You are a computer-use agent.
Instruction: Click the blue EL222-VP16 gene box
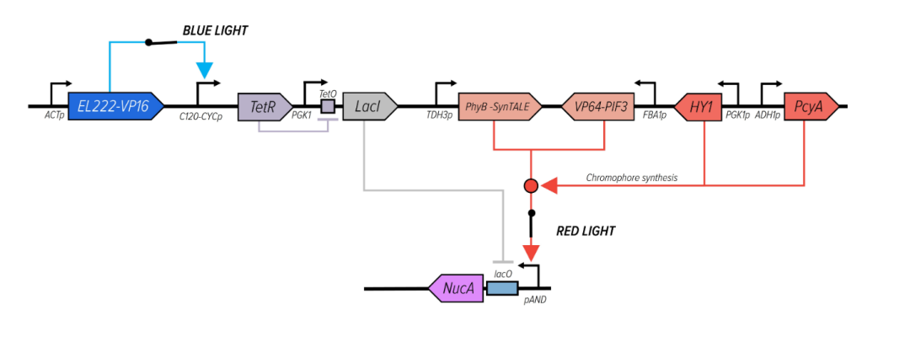[113, 107]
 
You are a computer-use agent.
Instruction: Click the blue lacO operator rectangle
[502, 289]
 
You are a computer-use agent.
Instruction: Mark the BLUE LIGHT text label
[216, 31]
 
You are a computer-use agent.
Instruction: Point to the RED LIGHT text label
[586, 231]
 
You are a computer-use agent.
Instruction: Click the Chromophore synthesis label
[632, 178]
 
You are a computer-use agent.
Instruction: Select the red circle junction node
[531, 184]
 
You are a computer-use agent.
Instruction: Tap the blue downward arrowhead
[204, 67]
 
